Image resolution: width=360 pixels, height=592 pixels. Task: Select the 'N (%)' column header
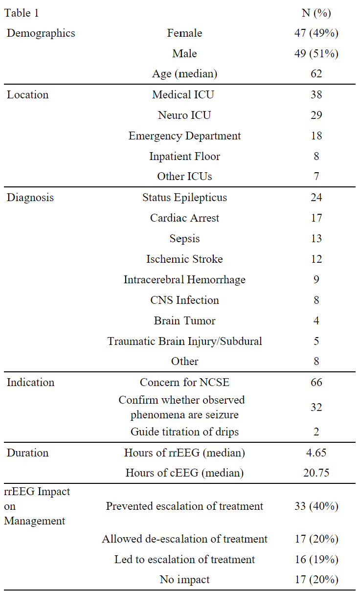click(316, 13)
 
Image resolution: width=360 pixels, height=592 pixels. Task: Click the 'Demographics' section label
click(41, 33)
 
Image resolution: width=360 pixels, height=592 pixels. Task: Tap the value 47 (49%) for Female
click(316, 33)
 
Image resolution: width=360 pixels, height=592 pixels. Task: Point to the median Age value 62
click(316, 74)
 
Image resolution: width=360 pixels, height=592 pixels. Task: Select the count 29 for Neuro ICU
click(316, 115)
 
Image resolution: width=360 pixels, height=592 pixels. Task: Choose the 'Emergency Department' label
click(184, 136)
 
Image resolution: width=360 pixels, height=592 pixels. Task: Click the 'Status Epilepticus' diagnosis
click(184, 197)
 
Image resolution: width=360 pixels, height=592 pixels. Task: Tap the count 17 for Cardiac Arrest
click(316, 218)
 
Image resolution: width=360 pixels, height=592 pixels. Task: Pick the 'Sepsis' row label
click(184, 238)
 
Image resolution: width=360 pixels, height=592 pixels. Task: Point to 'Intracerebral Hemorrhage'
click(184, 279)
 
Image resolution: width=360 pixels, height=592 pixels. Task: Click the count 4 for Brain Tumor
click(316, 320)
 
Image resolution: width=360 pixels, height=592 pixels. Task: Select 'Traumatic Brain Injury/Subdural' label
click(184, 341)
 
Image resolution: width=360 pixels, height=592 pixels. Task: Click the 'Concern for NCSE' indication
click(184, 382)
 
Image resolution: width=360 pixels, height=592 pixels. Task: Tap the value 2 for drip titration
click(316, 432)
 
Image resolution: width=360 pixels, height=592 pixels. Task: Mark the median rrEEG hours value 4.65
click(316, 453)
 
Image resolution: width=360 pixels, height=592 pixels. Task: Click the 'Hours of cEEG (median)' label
click(184, 473)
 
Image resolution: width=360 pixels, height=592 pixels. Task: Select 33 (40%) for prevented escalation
click(316, 506)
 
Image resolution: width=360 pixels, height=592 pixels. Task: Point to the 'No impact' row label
click(184, 580)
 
